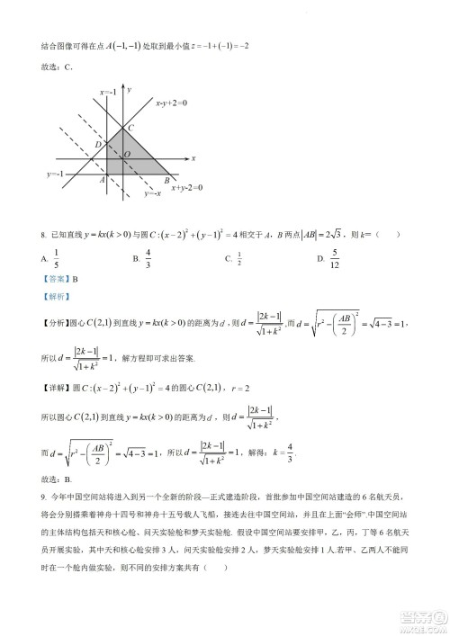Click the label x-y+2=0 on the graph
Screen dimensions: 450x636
[x=171, y=103]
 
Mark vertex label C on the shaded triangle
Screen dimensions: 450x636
[x=131, y=128]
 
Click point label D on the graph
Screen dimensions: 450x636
[x=97, y=145]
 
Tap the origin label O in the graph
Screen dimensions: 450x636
[x=127, y=155]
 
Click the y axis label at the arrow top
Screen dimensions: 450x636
[x=130, y=90]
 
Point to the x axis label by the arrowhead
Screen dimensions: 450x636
[x=193, y=157]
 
